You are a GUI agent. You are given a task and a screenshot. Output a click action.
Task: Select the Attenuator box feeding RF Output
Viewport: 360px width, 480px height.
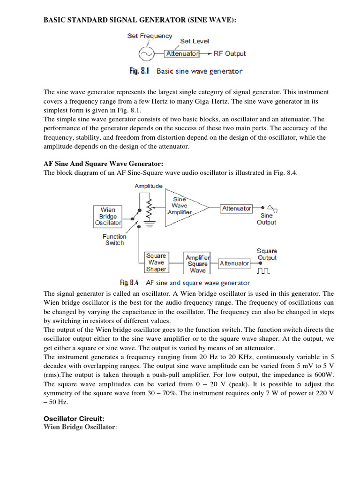tap(182, 53)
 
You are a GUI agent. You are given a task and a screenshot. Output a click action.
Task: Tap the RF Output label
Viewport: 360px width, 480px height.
tap(230, 53)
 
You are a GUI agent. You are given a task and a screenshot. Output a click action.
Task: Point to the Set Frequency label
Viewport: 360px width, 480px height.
tap(150, 36)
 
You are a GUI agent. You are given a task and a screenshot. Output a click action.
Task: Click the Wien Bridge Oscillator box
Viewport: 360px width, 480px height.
tap(108, 216)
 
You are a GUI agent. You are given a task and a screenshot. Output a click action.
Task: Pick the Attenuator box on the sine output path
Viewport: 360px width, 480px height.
tap(237, 208)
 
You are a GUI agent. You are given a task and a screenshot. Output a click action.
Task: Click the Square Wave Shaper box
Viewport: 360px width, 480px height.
tap(156, 262)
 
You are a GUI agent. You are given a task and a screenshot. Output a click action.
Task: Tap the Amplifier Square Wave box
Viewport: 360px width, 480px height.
tap(198, 264)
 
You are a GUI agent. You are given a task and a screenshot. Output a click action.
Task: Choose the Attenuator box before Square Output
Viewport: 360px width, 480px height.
tap(234, 263)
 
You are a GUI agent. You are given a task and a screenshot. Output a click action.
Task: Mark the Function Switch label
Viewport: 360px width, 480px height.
tap(114, 240)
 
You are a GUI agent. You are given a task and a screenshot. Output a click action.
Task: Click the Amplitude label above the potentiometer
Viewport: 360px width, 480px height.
tap(149, 186)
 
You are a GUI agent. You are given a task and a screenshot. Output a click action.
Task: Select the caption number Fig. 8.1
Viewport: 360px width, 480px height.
tap(139, 71)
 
